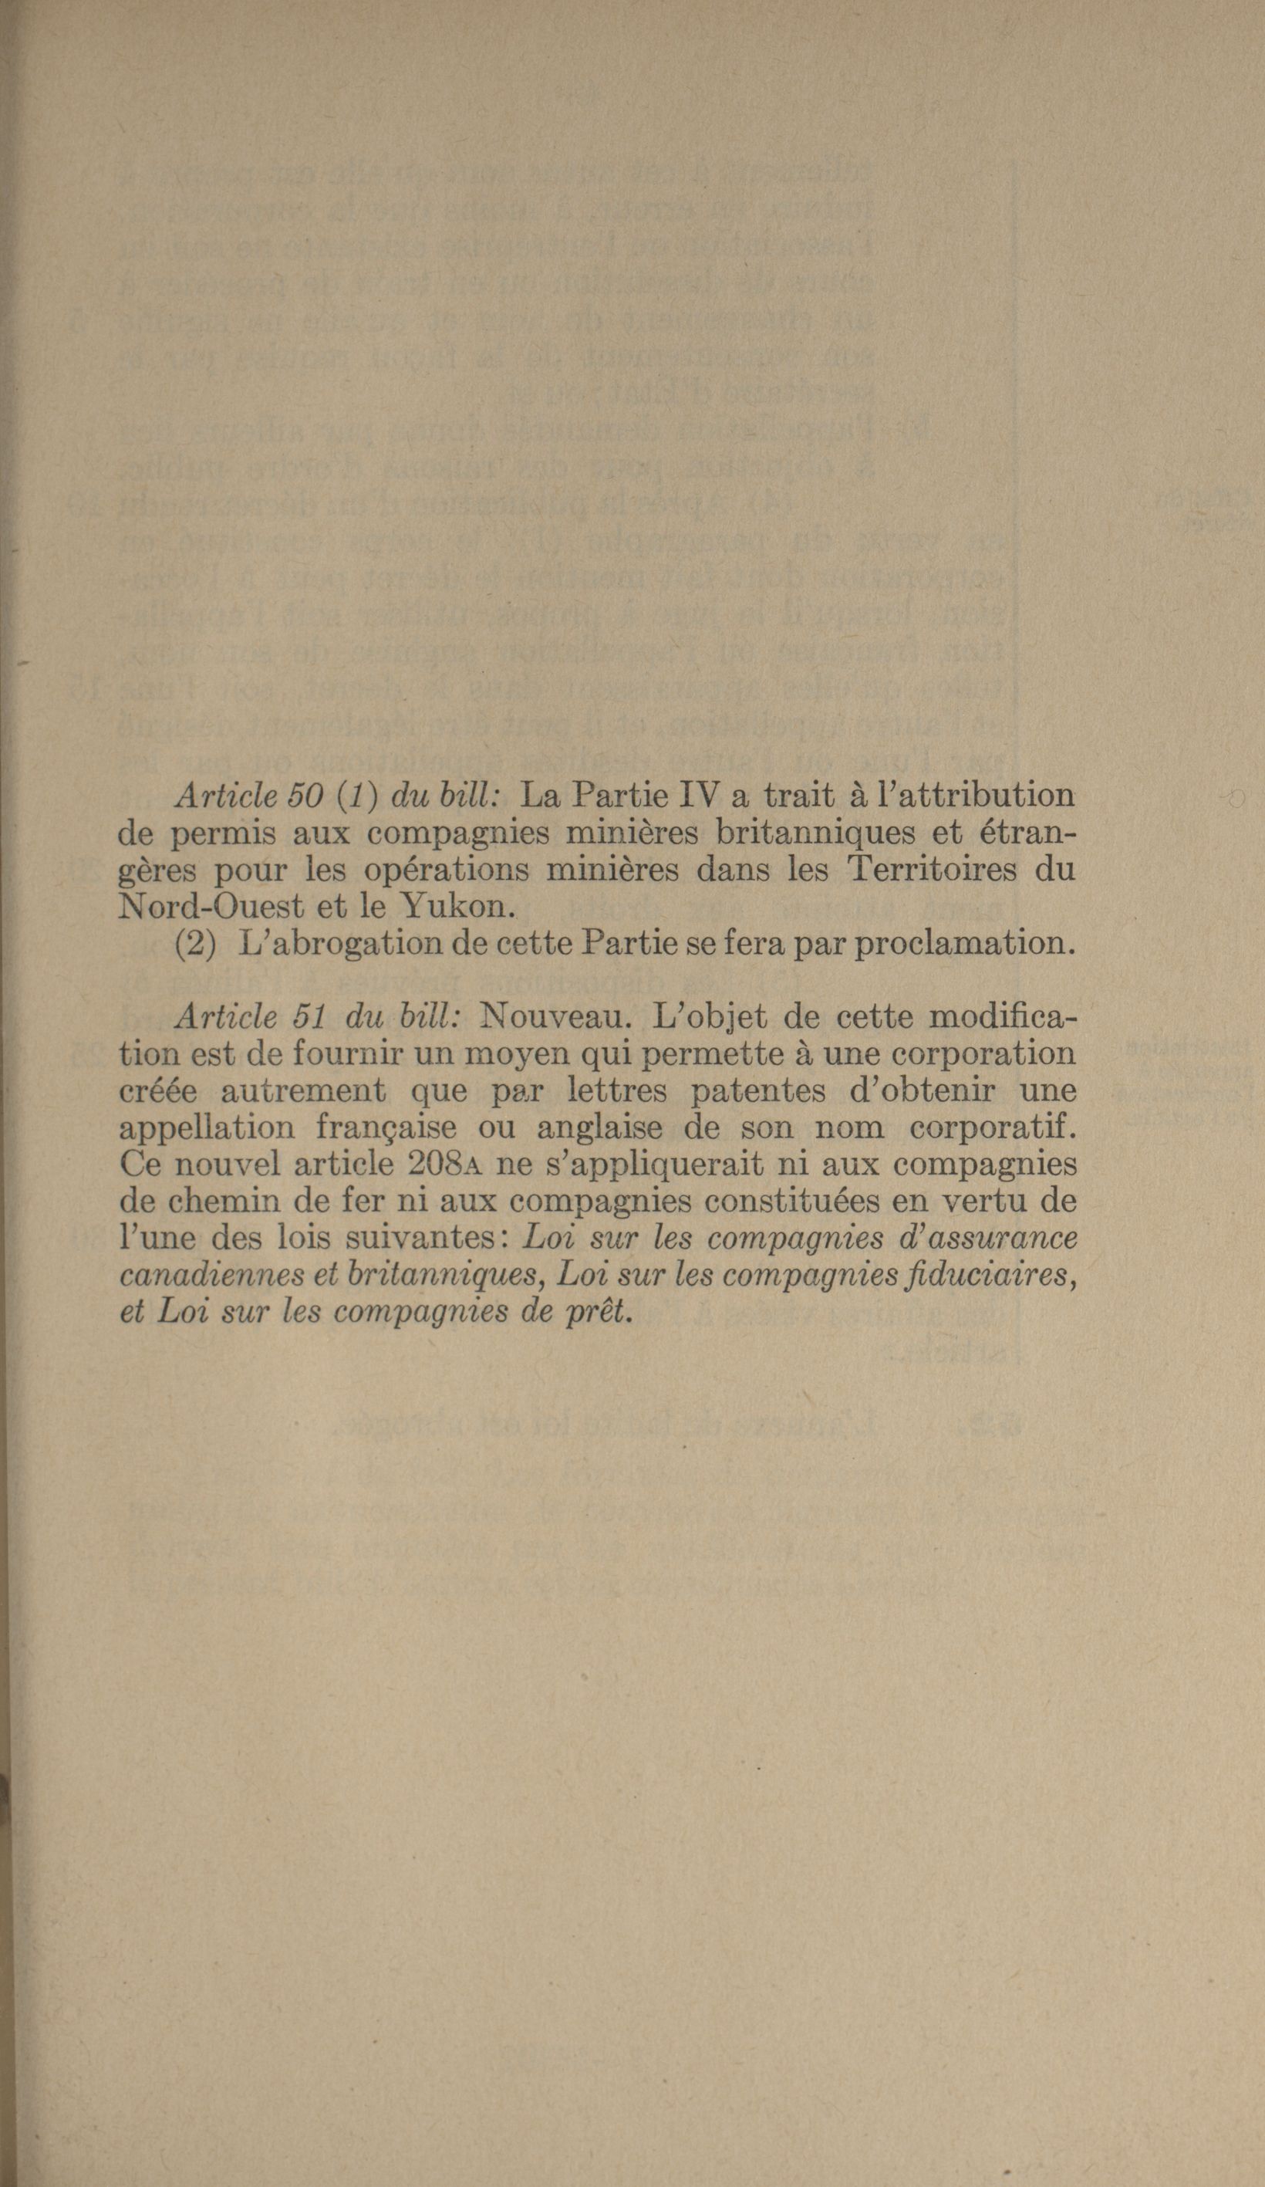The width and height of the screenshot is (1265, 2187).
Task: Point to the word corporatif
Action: tap(991, 1127)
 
